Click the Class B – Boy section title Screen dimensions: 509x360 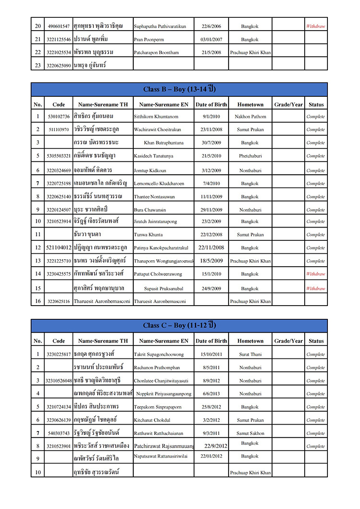pos(179,89)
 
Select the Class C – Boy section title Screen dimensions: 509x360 pos(179,325)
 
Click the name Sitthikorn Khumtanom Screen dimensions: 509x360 pos(156,117)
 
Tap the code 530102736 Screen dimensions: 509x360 pos(59,117)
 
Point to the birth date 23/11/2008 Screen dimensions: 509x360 pos(211,130)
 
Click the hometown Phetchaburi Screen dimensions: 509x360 pos(250,156)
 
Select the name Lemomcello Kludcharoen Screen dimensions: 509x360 pos(159,184)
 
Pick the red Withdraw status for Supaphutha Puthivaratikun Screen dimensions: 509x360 pos(316,26)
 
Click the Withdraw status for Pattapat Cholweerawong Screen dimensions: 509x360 pos(316,274)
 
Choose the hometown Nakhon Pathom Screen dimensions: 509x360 pos(250,117)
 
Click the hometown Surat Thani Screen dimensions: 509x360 pos(250,354)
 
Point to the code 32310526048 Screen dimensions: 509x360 pos(59,381)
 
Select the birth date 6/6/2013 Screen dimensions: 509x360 pos(211,394)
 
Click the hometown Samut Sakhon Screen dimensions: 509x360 pos(250,433)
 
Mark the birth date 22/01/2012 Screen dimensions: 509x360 pos(211,456)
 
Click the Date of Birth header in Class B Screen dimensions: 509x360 pos(211,105)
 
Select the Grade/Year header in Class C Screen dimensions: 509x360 pos(288,341)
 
